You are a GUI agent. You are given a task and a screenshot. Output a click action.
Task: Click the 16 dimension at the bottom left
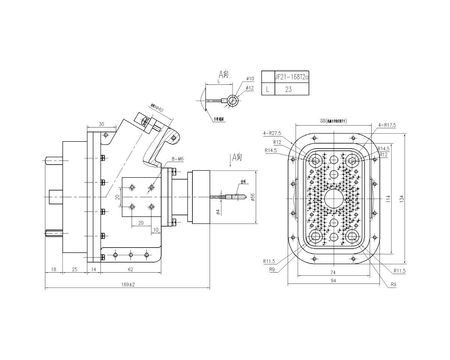pos(54,269)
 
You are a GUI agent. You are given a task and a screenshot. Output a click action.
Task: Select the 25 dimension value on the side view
pos(75,269)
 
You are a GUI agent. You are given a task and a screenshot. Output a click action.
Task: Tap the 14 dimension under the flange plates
pos(94,269)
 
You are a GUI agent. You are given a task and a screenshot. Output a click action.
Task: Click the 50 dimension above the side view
pos(101,124)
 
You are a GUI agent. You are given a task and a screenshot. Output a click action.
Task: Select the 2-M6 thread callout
pos(177,159)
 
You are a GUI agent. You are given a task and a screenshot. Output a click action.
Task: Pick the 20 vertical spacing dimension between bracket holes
pos(117,197)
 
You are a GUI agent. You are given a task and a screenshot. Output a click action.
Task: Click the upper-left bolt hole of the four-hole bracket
pos(131,187)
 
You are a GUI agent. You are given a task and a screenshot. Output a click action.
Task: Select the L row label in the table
pos(268,89)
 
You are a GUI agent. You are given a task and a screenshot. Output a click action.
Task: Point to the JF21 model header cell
pos(291,77)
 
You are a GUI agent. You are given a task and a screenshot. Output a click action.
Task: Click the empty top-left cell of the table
pos(268,77)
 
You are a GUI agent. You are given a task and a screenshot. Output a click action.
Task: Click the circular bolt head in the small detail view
pos(234,100)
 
